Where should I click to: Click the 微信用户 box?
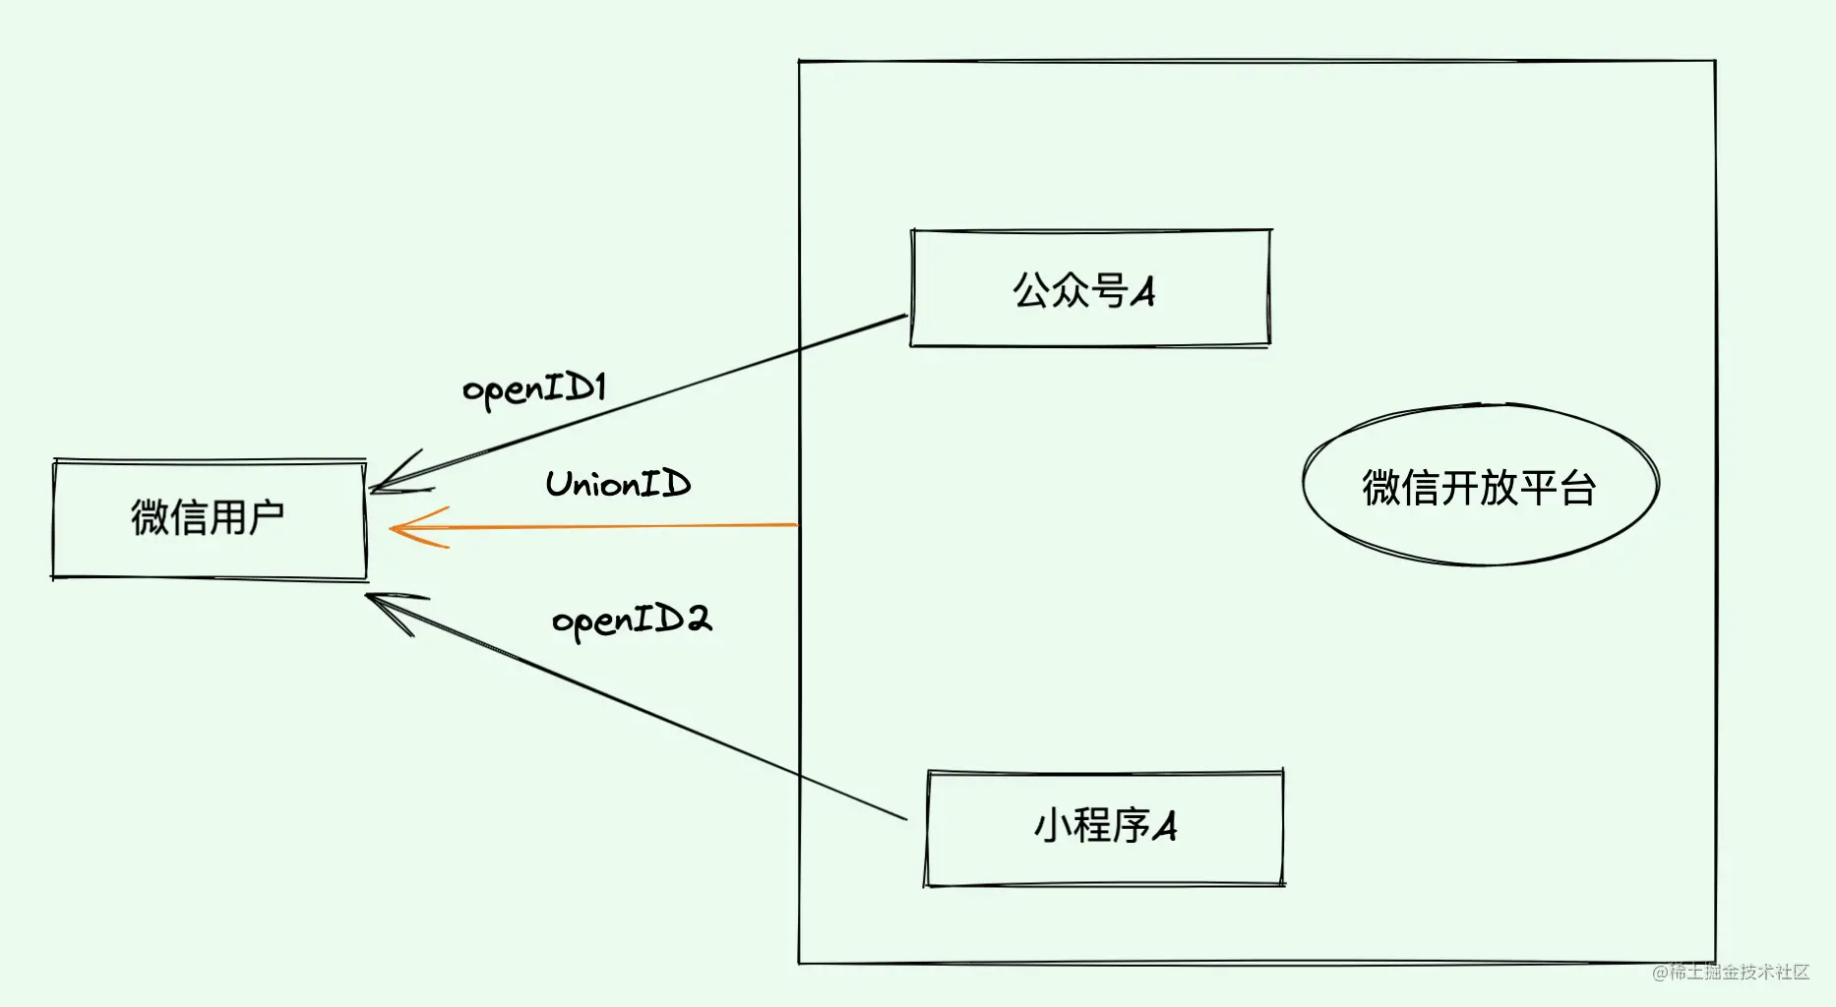click(209, 519)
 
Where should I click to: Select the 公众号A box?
click(1090, 289)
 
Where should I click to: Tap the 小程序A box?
click(1104, 828)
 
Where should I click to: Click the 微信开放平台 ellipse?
click(1480, 486)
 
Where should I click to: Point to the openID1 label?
click(534, 389)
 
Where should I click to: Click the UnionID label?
click(618, 484)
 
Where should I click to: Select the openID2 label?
click(632, 621)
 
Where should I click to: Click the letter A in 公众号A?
click(1142, 292)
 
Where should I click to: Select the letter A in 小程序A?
click(1164, 827)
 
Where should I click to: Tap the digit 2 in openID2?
click(698, 619)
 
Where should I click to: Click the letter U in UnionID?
click(559, 484)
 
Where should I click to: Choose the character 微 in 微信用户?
click(150, 518)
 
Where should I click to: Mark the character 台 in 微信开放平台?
click(1577, 488)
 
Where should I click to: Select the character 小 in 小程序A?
click(1051, 826)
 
